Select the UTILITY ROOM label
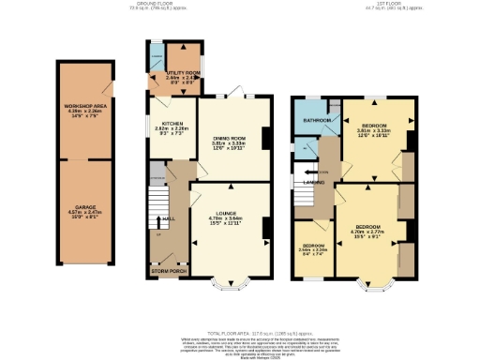[x=184, y=72]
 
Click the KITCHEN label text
[x=172, y=123]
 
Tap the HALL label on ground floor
[x=170, y=219]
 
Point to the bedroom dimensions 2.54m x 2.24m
[x=312, y=250]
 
